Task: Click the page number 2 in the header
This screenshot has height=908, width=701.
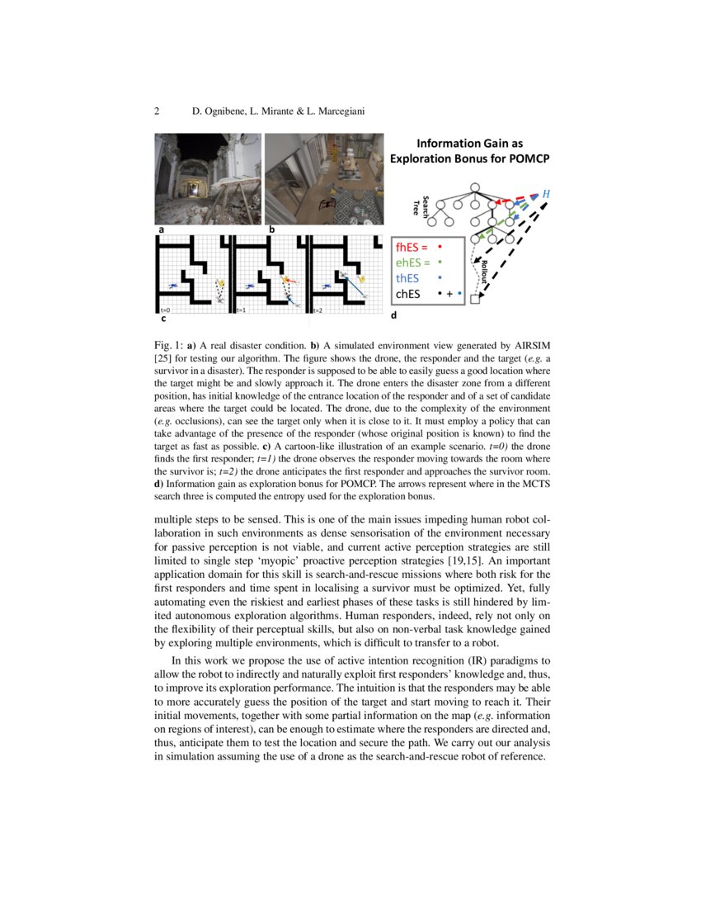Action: click(157, 111)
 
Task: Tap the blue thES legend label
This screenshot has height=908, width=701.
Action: click(407, 278)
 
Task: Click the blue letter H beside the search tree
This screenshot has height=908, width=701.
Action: click(545, 194)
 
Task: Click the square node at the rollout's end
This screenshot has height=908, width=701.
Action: click(474, 300)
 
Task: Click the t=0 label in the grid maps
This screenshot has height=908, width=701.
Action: click(165, 310)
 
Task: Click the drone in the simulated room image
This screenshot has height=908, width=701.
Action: click(329, 204)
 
